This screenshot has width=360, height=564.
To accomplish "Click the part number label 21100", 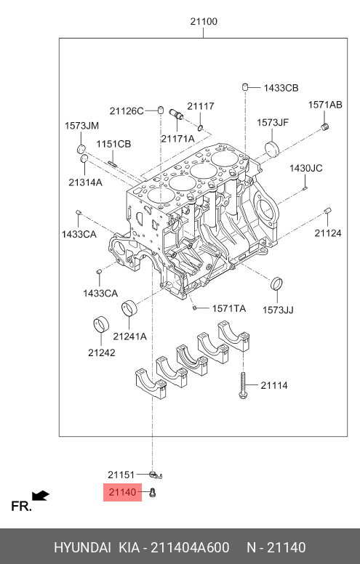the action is tap(204, 22).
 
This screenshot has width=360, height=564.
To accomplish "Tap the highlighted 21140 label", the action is tap(122, 492).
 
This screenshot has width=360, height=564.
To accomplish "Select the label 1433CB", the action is tap(281, 88).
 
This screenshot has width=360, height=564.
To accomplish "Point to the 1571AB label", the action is tap(325, 105).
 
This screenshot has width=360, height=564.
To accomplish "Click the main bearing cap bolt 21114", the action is tap(243, 385).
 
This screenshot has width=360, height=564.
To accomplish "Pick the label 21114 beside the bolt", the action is tap(274, 386).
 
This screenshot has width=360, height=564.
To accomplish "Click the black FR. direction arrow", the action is tap(40, 496).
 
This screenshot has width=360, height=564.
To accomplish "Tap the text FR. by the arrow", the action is tap(21, 507).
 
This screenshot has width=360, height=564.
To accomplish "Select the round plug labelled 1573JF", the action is tap(272, 149).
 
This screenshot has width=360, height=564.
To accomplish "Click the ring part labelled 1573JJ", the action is tap(276, 283).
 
